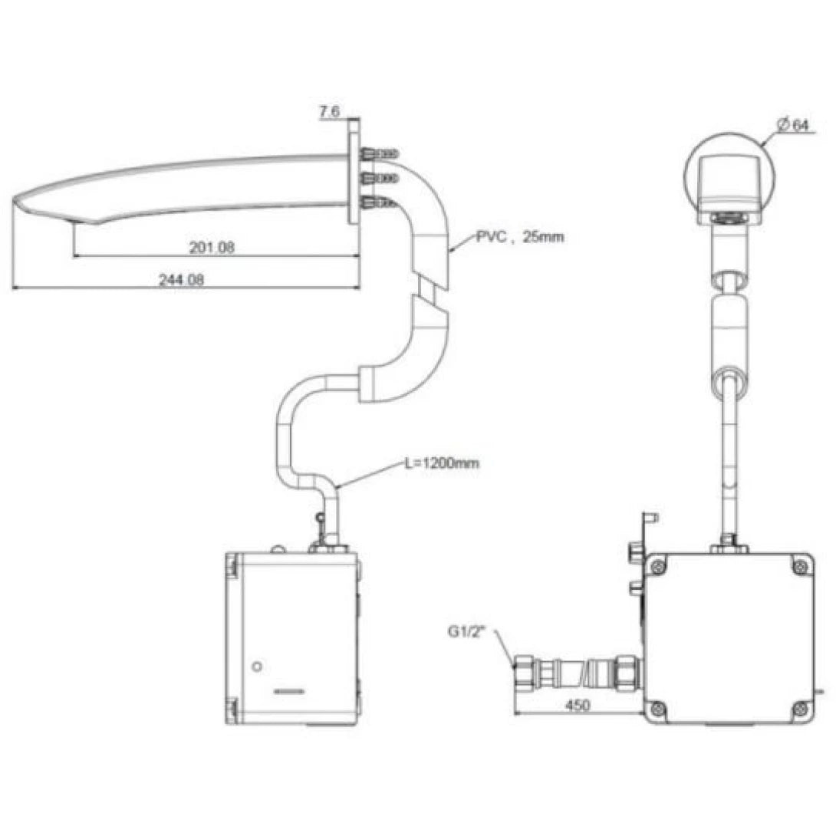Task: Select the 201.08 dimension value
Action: click(x=211, y=247)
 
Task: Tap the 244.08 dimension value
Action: click(x=181, y=280)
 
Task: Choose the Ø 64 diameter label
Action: click(x=792, y=126)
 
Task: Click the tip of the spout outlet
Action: click(x=17, y=202)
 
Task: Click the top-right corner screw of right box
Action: click(x=799, y=565)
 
